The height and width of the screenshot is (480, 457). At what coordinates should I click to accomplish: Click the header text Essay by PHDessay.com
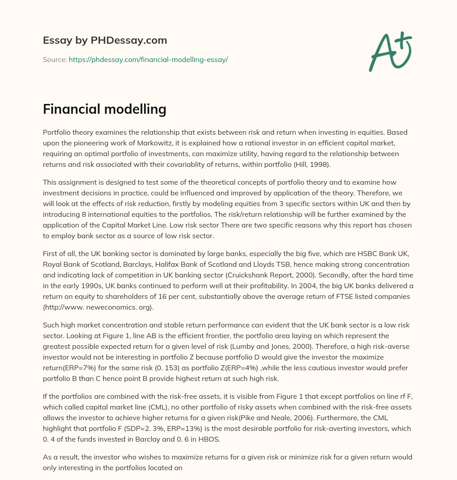[105, 40]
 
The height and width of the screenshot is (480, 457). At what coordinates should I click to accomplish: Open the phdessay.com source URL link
[148, 59]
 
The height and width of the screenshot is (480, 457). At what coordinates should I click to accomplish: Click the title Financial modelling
[104, 109]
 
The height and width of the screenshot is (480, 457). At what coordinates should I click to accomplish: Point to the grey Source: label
[54, 59]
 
